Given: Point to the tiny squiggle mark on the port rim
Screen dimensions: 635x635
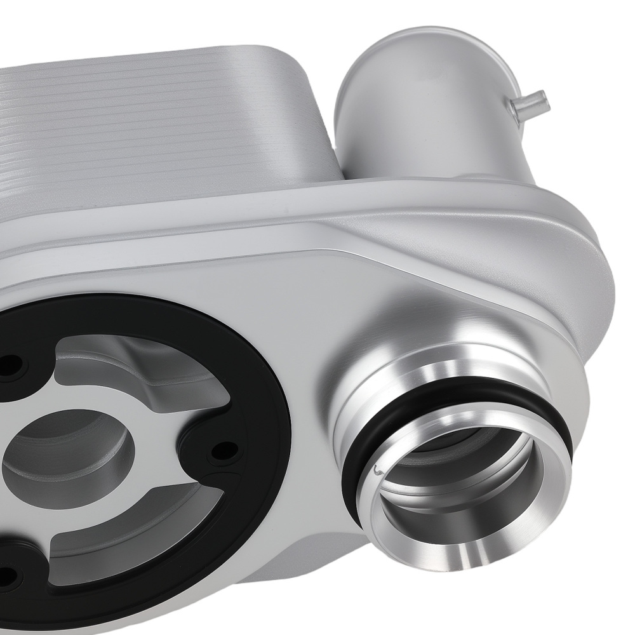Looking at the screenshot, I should tap(378, 471).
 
